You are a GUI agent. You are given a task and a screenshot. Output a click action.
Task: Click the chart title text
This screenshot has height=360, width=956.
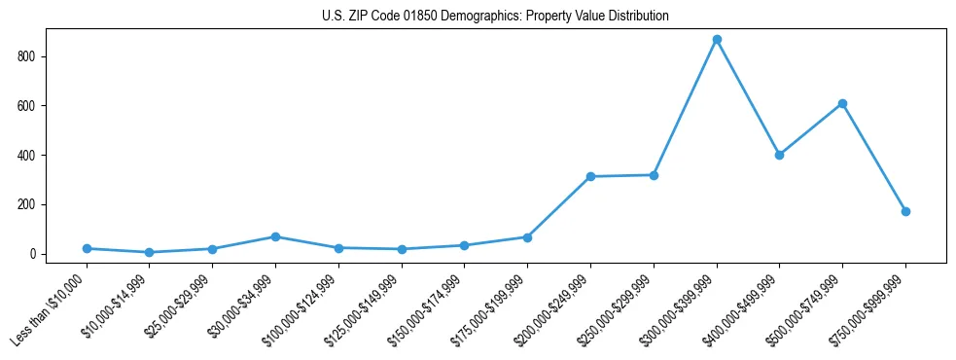pyautogui.click(x=495, y=17)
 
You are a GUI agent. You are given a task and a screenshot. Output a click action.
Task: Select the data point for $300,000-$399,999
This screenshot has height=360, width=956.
pyautogui.click(x=717, y=40)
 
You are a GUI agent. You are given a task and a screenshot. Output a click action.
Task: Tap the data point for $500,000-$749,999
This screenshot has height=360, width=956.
pyautogui.click(x=842, y=103)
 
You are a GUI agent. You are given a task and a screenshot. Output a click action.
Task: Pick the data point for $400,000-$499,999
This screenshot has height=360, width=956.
pyautogui.click(x=779, y=155)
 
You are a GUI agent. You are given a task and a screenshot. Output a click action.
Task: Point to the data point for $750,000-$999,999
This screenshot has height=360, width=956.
pyautogui.click(x=905, y=211)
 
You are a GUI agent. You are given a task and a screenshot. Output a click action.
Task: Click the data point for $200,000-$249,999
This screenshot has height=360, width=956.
pyautogui.click(x=590, y=176)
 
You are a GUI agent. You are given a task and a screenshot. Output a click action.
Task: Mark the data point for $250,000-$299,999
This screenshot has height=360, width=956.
pyautogui.click(x=654, y=175)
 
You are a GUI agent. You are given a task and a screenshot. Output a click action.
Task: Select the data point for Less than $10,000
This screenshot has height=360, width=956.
pyautogui.click(x=87, y=248)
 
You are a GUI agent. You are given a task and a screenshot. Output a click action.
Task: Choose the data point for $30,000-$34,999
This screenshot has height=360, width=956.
pyautogui.click(x=275, y=236)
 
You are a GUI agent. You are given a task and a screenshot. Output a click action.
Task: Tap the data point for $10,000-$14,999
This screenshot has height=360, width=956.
pyautogui.click(x=150, y=252)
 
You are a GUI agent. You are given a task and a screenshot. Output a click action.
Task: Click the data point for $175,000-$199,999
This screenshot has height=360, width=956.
pyautogui.click(x=527, y=237)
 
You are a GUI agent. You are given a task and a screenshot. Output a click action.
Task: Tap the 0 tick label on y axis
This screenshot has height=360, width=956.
pyautogui.click(x=34, y=254)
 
